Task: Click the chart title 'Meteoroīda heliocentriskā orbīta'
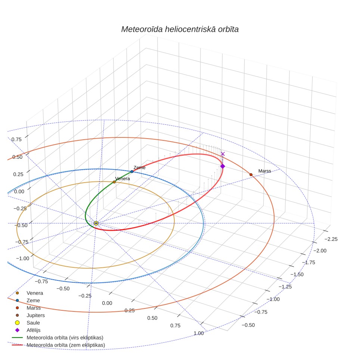180,30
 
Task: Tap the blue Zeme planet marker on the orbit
132,171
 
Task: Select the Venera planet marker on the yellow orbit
114,182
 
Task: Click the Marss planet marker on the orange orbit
251,175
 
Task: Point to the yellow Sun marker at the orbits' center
96,223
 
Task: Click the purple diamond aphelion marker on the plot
223,166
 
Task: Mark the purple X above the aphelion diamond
223,154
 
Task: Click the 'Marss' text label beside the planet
265,171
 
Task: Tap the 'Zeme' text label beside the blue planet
139,168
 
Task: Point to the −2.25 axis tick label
331,239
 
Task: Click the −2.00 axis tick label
320,251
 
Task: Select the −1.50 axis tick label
297,274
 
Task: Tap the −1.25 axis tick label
285,287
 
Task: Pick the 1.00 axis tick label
199,333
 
